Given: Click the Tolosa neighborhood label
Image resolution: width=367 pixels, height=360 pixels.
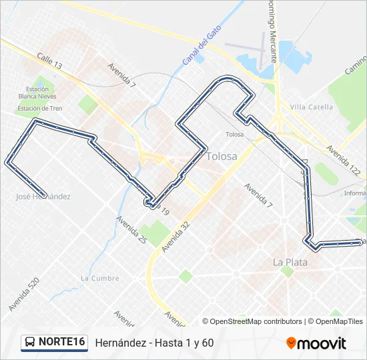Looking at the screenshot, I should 222,156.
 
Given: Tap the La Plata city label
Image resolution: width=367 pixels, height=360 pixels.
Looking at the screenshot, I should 290,262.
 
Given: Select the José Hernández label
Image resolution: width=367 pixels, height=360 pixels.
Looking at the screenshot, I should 43,197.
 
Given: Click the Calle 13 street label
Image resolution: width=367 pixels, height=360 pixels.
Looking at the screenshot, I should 49,61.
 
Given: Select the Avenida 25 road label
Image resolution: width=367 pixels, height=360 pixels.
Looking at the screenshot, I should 131,228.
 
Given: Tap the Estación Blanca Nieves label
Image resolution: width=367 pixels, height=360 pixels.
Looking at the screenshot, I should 37,93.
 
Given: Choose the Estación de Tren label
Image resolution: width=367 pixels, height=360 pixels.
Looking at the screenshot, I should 40,109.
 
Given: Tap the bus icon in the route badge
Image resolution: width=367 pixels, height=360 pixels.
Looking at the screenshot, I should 31,342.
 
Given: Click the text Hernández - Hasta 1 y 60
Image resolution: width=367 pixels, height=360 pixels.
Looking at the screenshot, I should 154,343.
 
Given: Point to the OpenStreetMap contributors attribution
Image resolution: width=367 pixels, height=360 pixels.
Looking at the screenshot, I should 252,321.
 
